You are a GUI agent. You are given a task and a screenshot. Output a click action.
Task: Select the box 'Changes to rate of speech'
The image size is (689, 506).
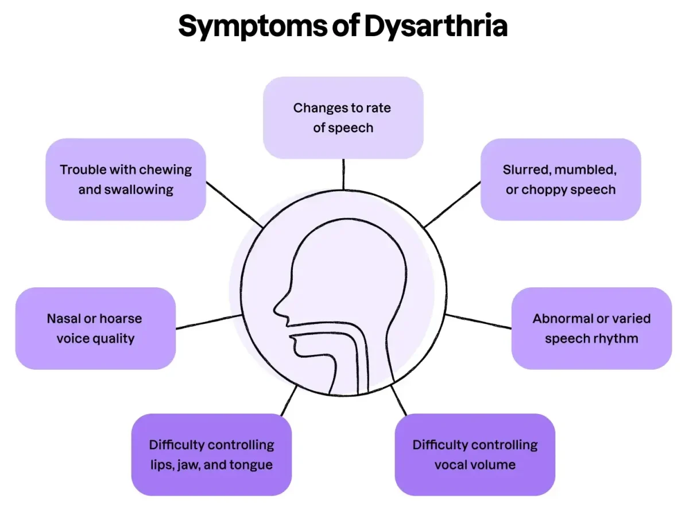[343, 118]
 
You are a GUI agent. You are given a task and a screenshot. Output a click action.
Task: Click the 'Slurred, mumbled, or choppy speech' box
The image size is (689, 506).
[560, 179]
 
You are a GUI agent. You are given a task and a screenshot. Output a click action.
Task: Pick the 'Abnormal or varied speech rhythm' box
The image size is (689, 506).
[591, 328]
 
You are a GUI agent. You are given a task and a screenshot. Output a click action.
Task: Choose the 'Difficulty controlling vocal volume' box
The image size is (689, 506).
[475, 454]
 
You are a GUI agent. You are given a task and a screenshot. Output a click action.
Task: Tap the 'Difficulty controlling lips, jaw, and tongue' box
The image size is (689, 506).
[211, 454]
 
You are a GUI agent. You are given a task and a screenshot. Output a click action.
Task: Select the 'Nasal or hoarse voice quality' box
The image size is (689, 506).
[95, 328]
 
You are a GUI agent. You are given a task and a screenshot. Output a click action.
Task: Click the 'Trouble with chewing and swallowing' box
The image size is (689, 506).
[125, 179]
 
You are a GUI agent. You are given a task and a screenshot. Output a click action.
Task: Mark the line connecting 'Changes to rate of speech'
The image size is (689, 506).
[343, 174]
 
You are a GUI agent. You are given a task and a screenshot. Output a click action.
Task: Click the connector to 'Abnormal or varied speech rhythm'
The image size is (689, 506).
[478, 322]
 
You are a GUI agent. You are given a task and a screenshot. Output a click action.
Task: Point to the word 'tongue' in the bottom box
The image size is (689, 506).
[250, 465]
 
